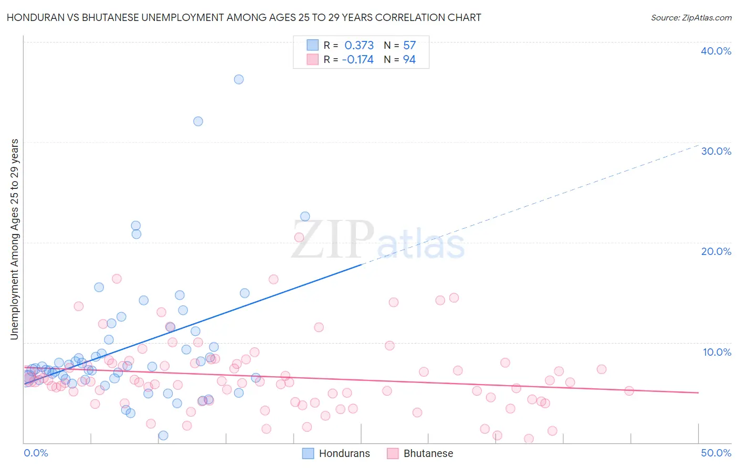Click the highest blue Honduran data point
coord(239,79)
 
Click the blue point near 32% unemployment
coord(198,121)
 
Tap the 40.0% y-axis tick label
coord(716,51)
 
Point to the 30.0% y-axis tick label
coord(716,151)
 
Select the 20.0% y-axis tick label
coord(716,251)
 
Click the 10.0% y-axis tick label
coord(717,352)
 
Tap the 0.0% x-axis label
coord(36,453)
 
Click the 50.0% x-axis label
coord(716,453)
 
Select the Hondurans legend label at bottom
coord(344,453)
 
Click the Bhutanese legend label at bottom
coord(428,453)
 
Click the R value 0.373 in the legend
coord(359,46)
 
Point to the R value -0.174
coord(357,60)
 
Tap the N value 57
coord(409,46)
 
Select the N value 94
coord(409,60)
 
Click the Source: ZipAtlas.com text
coord(691,18)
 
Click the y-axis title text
coord(15,239)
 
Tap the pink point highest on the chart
coord(299,237)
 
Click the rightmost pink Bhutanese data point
coord(629,391)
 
